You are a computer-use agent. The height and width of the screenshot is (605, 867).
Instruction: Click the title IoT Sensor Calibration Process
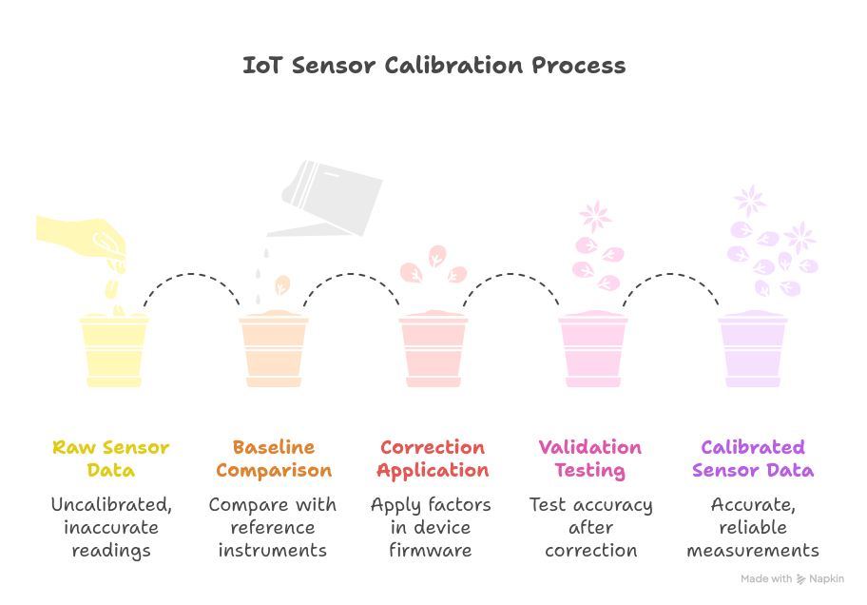433,66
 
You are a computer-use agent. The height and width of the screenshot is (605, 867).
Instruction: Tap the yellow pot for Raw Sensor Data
114,350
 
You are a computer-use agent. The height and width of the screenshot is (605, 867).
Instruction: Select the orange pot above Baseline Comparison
274,350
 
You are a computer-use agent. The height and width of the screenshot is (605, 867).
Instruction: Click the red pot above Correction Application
433,350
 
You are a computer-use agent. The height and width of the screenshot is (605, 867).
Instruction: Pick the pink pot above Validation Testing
593,350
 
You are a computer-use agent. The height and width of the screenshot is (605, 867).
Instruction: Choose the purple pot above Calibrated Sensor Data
753,350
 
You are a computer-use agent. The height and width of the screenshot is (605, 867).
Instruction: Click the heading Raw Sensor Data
111,459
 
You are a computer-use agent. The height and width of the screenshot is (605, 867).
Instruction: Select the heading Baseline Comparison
274,459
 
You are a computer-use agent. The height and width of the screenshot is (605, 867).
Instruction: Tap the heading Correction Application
433,459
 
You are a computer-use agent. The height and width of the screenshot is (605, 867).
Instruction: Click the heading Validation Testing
590,459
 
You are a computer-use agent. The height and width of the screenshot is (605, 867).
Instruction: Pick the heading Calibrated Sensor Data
753,459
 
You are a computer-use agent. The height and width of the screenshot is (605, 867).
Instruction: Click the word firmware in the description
431,550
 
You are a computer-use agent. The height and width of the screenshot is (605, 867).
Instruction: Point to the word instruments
273,550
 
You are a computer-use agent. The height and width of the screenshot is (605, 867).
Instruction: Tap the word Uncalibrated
111,505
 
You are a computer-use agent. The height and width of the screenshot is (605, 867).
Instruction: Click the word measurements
753,550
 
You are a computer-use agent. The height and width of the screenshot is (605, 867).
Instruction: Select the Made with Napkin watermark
792,578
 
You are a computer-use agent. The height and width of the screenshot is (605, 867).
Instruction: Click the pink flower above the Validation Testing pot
595,216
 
